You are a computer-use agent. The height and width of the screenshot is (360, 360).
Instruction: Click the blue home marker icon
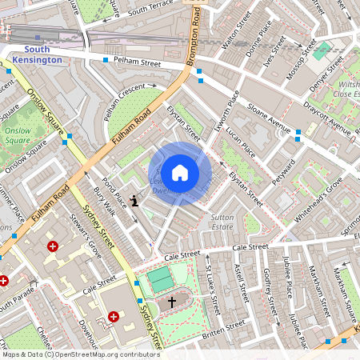coord(180,172)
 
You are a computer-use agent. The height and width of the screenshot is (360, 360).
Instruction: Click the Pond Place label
coord(115,191)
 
